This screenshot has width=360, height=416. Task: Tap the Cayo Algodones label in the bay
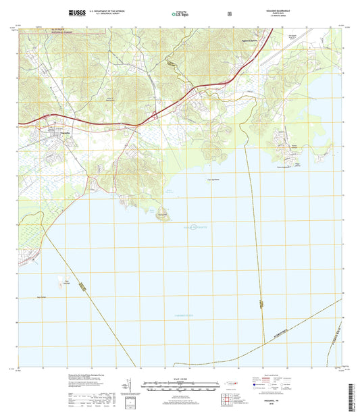(x=212, y=179)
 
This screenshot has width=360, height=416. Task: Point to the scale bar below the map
(x=180, y=388)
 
